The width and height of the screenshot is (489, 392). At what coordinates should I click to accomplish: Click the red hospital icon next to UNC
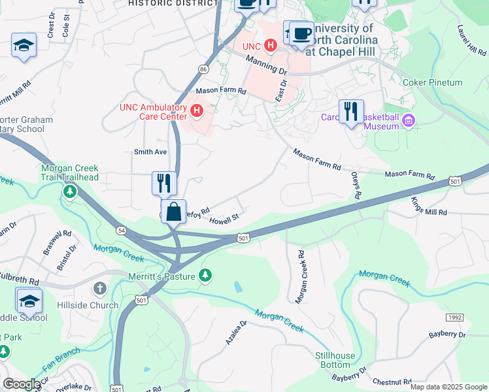pyautogui.click(x=270, y=46)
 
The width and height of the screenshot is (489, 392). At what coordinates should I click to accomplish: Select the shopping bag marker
pyautogui.click(x=173, y=213)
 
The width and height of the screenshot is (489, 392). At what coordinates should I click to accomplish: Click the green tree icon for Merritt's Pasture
pyautogui.click(x=206, y=276)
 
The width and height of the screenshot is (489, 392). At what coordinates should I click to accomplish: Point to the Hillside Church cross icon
pyautogui.click(x=100, y=288)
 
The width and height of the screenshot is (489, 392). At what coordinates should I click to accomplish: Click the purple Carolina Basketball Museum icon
pyautogui.click(x=409, y=120)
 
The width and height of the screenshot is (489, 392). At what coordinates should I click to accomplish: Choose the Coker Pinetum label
pyautogui.click(x=441, y=83)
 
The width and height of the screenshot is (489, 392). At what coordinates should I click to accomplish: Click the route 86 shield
pyautogui.click(x=204, y=69)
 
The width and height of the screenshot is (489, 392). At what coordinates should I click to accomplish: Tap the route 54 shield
pyautogui.click(x=122, y=231)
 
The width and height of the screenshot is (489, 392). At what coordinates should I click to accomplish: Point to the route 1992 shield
pyautogui.click(x=455, y=317)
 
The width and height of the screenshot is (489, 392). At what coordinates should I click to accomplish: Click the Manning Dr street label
pyautogui.click(x=267, y=64)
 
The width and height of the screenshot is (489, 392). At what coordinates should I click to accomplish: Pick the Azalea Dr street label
pyautogui.click(x=237, y=333)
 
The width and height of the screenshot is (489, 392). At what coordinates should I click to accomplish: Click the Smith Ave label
pyautogui.click(x=150, y=152)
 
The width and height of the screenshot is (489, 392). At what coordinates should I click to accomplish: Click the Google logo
pyautogui.click(x=21, y=384)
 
